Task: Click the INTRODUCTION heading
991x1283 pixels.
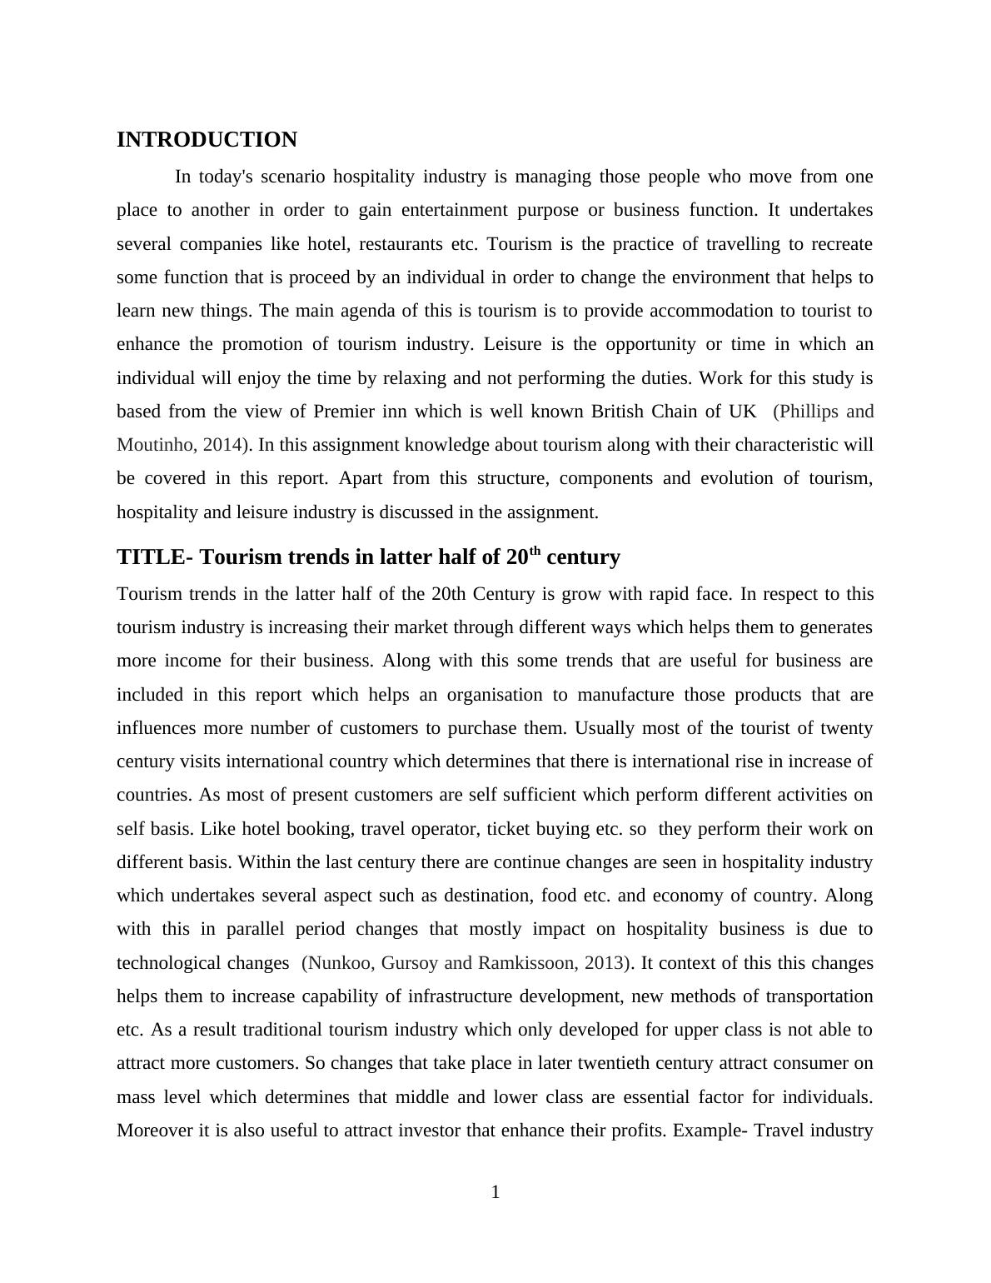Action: click(x=207, y=140)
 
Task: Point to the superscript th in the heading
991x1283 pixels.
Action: click(x=535, y=551)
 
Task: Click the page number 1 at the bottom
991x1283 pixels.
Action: click(x=495, y=1192)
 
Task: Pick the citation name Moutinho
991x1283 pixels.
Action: click(x=155, y=445)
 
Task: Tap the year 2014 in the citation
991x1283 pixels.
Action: click(x=222, y=445)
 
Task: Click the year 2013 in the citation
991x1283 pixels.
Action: click(x=604, y=963)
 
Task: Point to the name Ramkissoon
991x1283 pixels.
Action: click(x=525, y=963)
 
